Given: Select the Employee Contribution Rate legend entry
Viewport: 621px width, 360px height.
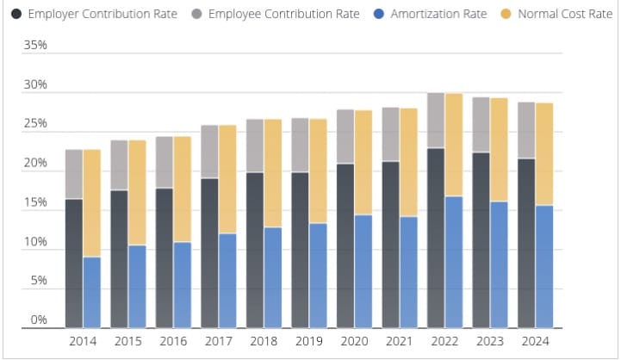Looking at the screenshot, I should click(276, 15).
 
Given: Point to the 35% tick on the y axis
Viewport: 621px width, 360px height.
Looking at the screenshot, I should click(35, 45).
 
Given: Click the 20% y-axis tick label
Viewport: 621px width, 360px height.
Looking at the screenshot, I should click(35, 164).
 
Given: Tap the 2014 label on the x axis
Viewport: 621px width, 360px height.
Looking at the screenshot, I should click(83, 341).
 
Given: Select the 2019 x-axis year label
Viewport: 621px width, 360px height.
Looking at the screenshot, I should click(308, 341).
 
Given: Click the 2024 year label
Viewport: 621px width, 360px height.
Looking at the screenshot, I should click(534, 341).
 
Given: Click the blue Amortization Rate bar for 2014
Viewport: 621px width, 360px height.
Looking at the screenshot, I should click(91, 293).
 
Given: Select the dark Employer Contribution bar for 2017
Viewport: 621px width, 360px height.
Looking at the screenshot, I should click(209, 253).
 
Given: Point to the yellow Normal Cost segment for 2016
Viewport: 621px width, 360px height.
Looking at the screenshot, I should click(182, 189).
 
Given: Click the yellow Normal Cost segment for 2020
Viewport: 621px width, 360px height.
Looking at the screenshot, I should click(363, 163).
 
